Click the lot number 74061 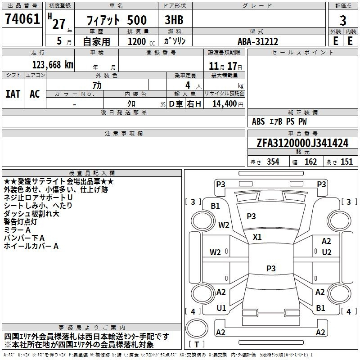tap(22, 19)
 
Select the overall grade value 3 tap(343, 20)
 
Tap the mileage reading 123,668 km tap(53, 65)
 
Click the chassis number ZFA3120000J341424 tap(302, 143)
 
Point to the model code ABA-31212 tap(258, 41)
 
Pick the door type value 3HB tap(174, 20)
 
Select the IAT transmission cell tap(13, 94)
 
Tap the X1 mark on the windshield tap(257, 237)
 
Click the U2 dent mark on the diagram tap(327, 252)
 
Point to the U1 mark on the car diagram tap(221, 308)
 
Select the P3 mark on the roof tap(271, 268)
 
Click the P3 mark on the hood tap(251, 216)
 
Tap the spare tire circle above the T tap(197, 328)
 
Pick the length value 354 tap(273, 162)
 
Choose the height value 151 tap(346, 162)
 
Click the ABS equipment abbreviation tap(258, 121)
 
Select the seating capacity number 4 tap(188, 85)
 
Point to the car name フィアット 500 tap(117, 20)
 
